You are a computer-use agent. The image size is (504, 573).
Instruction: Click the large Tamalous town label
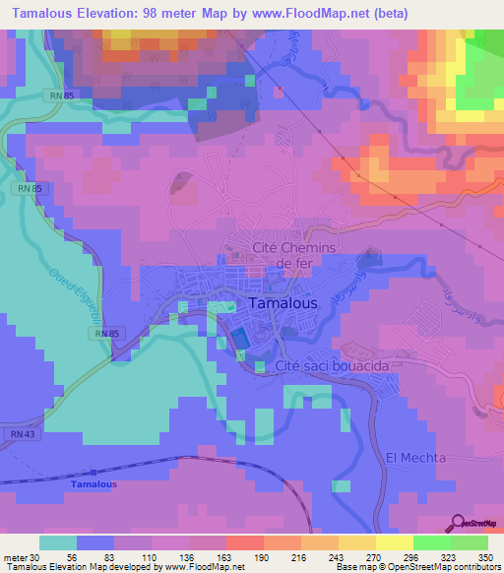click(283, 304)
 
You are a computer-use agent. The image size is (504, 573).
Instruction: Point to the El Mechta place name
click(415, 458)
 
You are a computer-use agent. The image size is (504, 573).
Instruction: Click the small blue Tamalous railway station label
click(94, 485)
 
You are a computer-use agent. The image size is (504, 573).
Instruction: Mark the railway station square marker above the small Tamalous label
click(94, 473)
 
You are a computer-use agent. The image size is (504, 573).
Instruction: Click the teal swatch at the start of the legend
click(57, 542)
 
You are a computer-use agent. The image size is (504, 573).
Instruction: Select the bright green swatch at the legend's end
click(469, 542)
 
